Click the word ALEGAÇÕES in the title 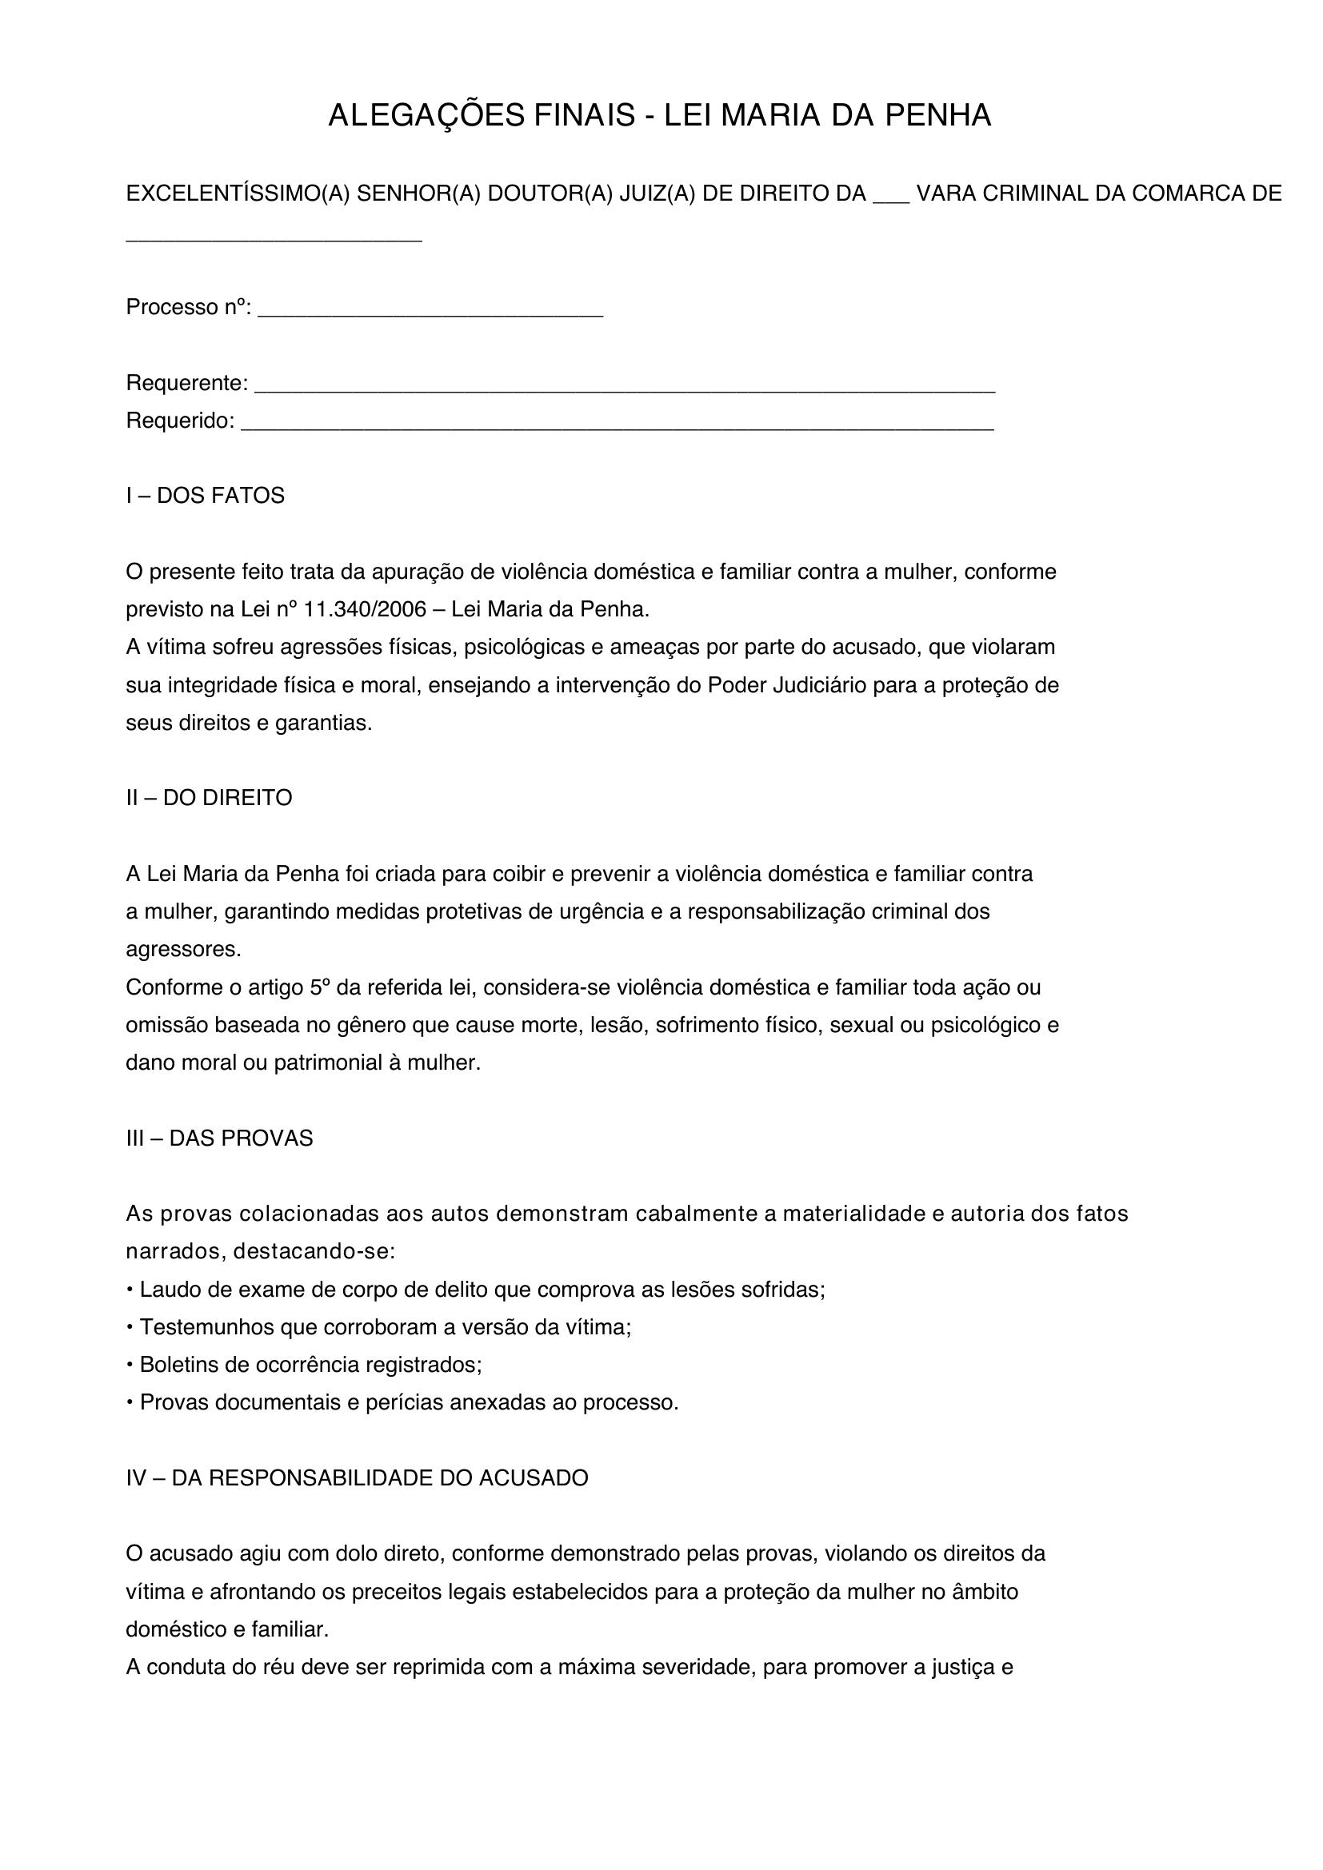click(428, 117)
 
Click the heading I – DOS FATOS click(206, 496)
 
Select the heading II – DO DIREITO click(209, 798)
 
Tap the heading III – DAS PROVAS click(219, 1138)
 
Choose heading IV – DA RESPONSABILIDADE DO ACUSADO click(357, 1478)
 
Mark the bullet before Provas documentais click(130, 1403)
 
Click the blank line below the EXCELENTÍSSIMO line click(274, 237)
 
